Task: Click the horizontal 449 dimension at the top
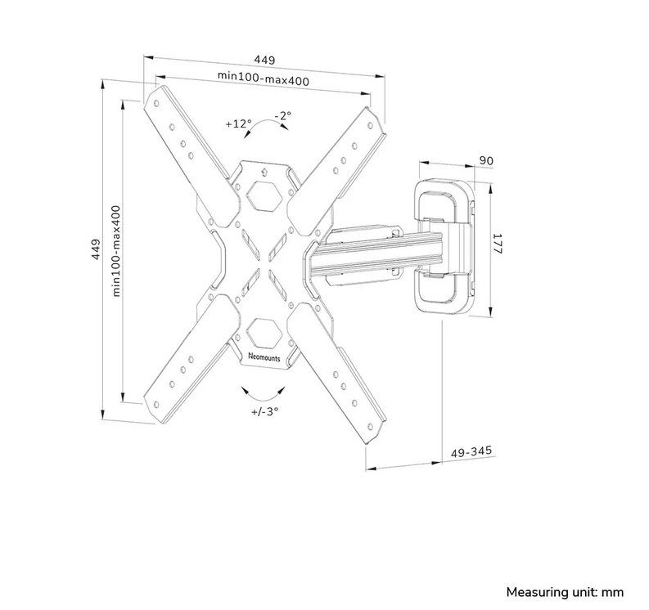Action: [x=264, y=60]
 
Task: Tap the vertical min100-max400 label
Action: [x=117, y=249]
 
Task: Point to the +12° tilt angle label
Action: [x=238, y=123]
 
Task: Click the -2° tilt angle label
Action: [x=283, y=115]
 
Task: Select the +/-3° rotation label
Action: [x=264, y=411]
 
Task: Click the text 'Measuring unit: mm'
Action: [x=565, y=591]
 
